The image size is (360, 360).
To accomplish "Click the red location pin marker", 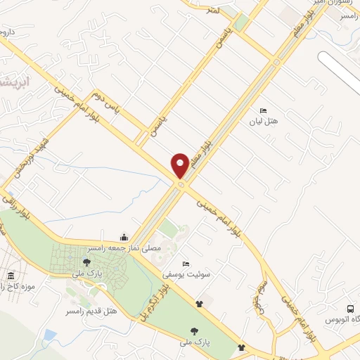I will click(180, 166).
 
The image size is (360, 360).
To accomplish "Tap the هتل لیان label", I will click(264, 122).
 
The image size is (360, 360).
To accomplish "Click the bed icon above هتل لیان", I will click(263, 110).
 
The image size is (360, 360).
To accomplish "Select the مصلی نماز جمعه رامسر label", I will click(124, 248).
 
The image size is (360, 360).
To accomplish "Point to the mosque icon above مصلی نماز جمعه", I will click(124, 237).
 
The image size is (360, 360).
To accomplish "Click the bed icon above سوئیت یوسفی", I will click(186, 263).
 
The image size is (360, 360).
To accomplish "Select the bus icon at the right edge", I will click(350, 309).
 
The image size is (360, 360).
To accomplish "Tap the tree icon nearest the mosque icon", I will click(86, 262).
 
